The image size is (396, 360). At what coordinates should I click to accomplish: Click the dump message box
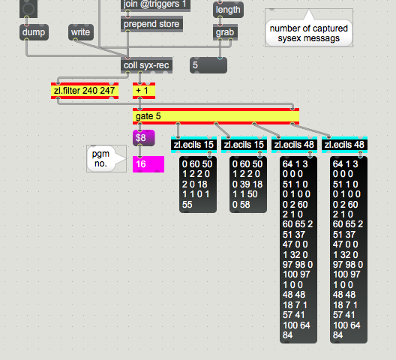[34, 32]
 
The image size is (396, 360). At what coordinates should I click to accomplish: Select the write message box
[81, 32]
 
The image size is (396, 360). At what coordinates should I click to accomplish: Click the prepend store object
[151, 24]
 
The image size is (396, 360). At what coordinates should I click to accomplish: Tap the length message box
[228, 10]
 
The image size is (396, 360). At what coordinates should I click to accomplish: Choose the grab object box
[225, 32]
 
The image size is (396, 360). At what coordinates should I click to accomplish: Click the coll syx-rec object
[146, 65]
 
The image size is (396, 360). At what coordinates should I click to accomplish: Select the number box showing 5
[208, 65]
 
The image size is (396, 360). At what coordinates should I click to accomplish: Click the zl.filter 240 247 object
[85, 91]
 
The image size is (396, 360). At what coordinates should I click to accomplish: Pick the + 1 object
[144, 91]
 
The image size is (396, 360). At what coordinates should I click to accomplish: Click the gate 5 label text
[148, 116]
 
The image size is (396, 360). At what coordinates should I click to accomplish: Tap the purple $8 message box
[144, 138]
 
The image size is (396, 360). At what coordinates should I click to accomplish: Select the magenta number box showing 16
[148, 164]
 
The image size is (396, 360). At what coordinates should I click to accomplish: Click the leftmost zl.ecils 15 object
[193, 145]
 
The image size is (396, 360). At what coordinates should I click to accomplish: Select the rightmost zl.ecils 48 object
[344, 145]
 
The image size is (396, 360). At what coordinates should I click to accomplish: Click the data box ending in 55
[198, 184]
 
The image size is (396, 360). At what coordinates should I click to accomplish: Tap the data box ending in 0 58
[248, 184]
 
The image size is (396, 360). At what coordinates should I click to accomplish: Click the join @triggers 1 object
[155, 5]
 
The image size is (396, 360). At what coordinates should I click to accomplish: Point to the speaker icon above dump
[28, 8]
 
